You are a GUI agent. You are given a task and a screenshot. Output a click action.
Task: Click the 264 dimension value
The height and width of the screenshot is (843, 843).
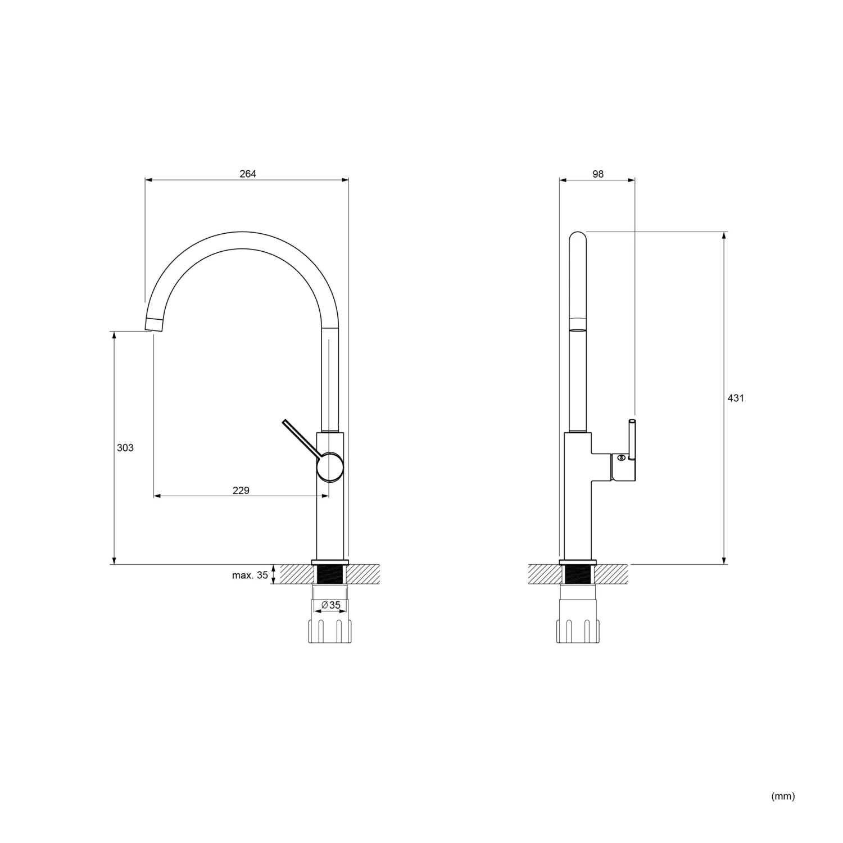pyautogui.click(x=248, y=174)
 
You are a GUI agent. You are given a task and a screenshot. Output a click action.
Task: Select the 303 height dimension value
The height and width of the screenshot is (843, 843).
pyautogui.click(x=125, y=448)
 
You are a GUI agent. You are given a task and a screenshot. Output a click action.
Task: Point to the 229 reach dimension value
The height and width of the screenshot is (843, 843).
pyautogui.click(x=241, y=491)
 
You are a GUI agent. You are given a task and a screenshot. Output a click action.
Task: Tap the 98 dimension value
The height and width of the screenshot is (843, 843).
pyautogui.click(x=598, y=174)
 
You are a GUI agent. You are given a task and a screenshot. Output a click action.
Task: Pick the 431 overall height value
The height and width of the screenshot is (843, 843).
pyautogui.click(x=736, y=398)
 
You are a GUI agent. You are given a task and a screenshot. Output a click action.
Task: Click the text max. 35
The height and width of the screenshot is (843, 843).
pyautogui.click(x=250, y=575)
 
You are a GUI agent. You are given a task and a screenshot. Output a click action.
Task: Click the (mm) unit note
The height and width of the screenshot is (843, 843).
pyautogui.click(x=783, y=796)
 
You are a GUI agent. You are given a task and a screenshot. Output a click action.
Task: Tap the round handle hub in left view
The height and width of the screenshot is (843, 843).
pyautogui.click(x=329, y=467)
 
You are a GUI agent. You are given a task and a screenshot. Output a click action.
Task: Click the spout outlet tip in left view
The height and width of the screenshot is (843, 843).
pyautogui.click(x=153, y=324)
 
